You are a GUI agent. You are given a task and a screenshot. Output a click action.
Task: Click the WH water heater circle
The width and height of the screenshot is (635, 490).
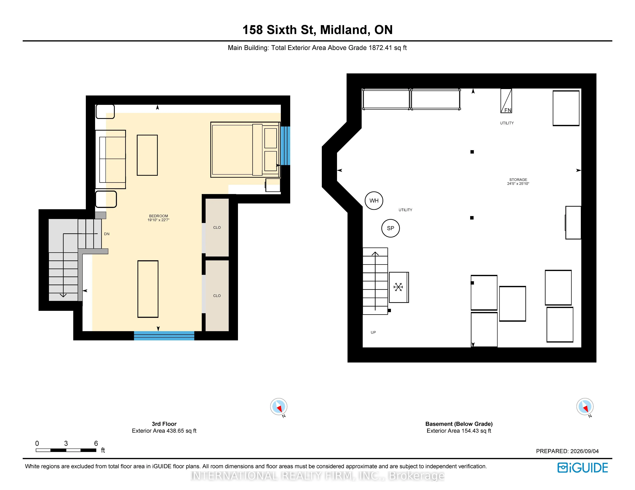[374, 201]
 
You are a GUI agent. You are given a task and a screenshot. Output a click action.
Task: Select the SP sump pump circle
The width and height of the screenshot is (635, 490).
[390, 228]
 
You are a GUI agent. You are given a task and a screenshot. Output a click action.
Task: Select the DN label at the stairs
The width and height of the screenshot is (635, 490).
[107, 234]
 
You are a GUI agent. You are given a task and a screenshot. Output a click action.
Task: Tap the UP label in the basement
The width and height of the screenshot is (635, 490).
[373, 332]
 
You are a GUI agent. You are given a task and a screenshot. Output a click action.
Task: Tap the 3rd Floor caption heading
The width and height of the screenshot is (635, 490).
[164, 424]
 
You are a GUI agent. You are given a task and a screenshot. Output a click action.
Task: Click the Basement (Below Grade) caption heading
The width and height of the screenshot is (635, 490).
[459, 424]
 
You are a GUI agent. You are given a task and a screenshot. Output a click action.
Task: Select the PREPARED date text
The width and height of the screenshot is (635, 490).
[567, 451]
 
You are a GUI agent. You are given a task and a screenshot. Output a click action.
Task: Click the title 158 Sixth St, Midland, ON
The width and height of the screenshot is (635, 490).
[317, 30]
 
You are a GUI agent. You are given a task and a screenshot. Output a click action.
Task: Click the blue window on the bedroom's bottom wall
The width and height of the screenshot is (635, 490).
[164, 335]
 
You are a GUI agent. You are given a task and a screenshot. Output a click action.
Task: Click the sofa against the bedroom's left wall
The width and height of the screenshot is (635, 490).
[110, 159]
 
